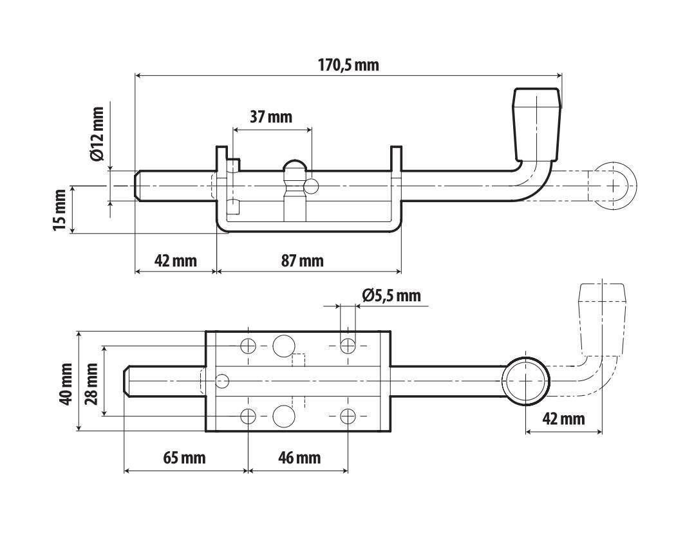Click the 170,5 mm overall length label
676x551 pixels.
pyautogui.click(x=348, y=65)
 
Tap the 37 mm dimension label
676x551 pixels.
pyautogui.click(x=271, y=117)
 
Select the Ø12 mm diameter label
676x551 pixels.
pyautogui.click(x=97, y=134)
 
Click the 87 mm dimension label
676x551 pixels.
pyautogui.click(x=302, y=261)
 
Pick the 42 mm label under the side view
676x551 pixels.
pyautogui.click(x=176, y=261)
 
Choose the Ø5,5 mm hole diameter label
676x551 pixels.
pyautogui.click(x=391, y=295)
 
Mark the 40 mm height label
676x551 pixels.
pyautogui.click(x=67, y=384)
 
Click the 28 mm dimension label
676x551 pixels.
pyautogui.click(x=91, y=384)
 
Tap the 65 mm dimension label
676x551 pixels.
pyautogui.click(x=185, y=458)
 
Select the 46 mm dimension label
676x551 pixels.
pyautogui.click(x=299, y=458)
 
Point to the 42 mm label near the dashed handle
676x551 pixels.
pyautogui.click(x=563, y=418)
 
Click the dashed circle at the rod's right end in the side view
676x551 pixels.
pyautogui.click(x=613, y=186)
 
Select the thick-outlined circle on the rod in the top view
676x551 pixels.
pyautogui.click(x=526, y=381)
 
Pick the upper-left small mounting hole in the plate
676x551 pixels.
pyautogui.click(x=249, y=346)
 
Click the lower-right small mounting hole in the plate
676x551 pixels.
pyautogui.click(x=348, y=416)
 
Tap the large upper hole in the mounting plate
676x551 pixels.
pyautogui.click(x=284, y=346)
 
